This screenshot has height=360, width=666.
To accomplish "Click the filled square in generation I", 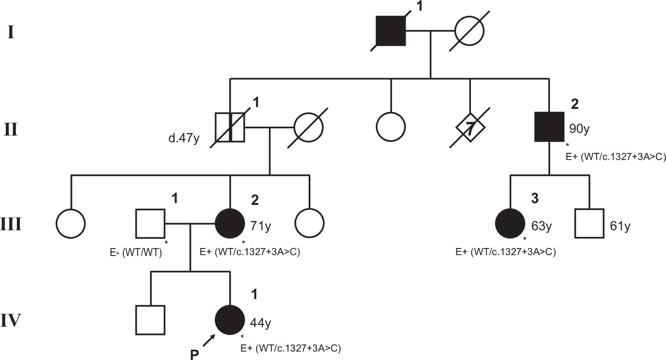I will point(391,31).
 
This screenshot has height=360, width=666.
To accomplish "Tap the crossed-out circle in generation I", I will point(469,31).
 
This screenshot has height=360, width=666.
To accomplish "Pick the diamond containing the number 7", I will point(470,128).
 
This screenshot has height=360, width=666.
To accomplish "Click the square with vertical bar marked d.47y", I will point(230,128).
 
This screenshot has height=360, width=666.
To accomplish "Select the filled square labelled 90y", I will point(549,128).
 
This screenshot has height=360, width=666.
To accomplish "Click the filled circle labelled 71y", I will point(230,224).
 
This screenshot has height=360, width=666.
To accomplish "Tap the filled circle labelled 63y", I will point(510,224).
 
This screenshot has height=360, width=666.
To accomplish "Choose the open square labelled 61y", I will point(589,224).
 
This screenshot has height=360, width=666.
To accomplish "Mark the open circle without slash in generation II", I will point(391,128).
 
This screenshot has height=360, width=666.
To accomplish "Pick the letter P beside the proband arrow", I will point(194,354).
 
